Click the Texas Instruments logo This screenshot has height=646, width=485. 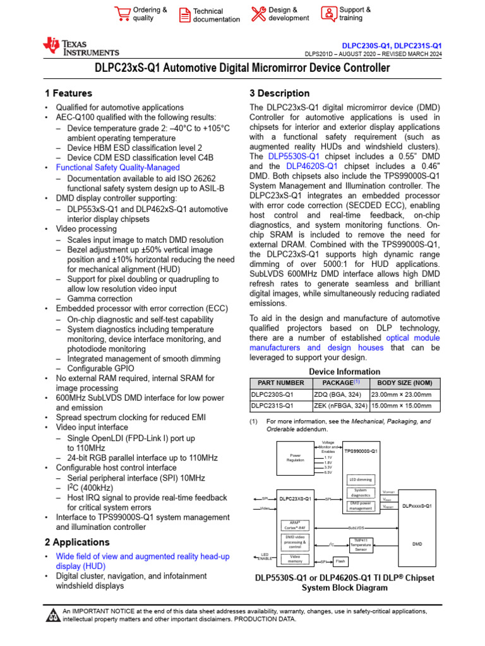coord(80,47)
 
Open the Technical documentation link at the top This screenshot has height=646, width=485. coord(216,15)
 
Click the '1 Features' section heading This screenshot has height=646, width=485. coord(68,93)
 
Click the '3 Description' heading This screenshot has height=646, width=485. coord(279,93)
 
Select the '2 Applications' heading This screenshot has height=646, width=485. coord(77,542)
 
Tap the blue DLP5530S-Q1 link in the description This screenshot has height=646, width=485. coord(294,156)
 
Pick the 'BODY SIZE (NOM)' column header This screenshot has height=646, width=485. coord(405,382)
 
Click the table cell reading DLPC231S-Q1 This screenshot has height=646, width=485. coord(272,406)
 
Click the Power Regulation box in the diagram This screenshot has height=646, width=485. coord(296,457)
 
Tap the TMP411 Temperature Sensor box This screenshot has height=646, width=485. coord(361,544)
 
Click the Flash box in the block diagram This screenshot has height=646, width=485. coord(340,561)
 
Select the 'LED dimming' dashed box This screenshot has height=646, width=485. coord(361,480)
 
